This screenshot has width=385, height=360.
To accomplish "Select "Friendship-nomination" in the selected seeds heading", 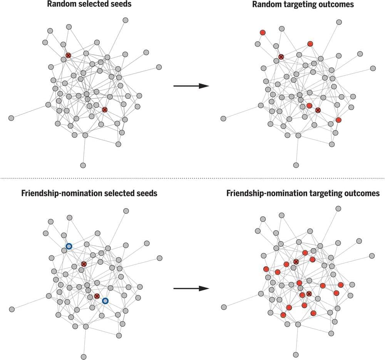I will click(61, 193).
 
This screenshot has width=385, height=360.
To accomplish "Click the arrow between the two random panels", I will click(191, 86).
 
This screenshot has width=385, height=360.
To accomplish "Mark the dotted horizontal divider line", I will click(192, 178).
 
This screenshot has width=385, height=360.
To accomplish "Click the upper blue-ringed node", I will click(69, 246).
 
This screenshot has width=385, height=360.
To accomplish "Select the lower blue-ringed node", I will click(105, 301).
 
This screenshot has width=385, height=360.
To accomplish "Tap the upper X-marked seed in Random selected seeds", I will click(68, 56).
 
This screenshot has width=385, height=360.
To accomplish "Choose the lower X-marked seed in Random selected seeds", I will click(104, 110).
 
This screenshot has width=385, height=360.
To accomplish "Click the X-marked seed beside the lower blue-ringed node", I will click(97, 296).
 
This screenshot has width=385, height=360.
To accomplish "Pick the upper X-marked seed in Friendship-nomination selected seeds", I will click(84, 264).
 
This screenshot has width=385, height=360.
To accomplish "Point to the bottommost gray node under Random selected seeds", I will click(83, 165).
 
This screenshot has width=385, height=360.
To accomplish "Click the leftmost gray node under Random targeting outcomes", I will click(223, 118).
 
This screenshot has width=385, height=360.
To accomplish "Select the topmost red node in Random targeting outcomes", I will click(263, 33).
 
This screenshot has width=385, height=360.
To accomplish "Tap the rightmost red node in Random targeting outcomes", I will click(338, 120).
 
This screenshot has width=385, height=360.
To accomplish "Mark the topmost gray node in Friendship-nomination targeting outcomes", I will click(338, 208).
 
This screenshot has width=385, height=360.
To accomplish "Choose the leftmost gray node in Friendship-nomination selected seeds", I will click(12, 309).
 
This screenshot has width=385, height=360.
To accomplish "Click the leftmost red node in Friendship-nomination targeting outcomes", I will click(266, 269).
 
